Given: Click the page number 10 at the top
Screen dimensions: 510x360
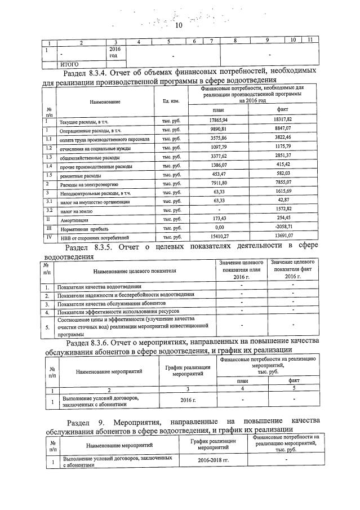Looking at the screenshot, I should coord(180,25).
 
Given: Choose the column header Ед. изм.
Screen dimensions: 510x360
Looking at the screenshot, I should coord(170,101).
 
